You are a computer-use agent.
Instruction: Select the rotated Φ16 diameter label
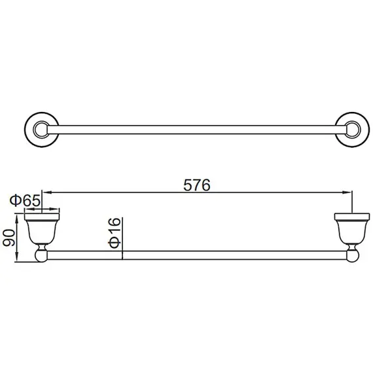coord(113,233)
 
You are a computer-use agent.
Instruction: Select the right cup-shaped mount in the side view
coord(347,228)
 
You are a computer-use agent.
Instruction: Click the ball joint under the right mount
coord(347,254)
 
